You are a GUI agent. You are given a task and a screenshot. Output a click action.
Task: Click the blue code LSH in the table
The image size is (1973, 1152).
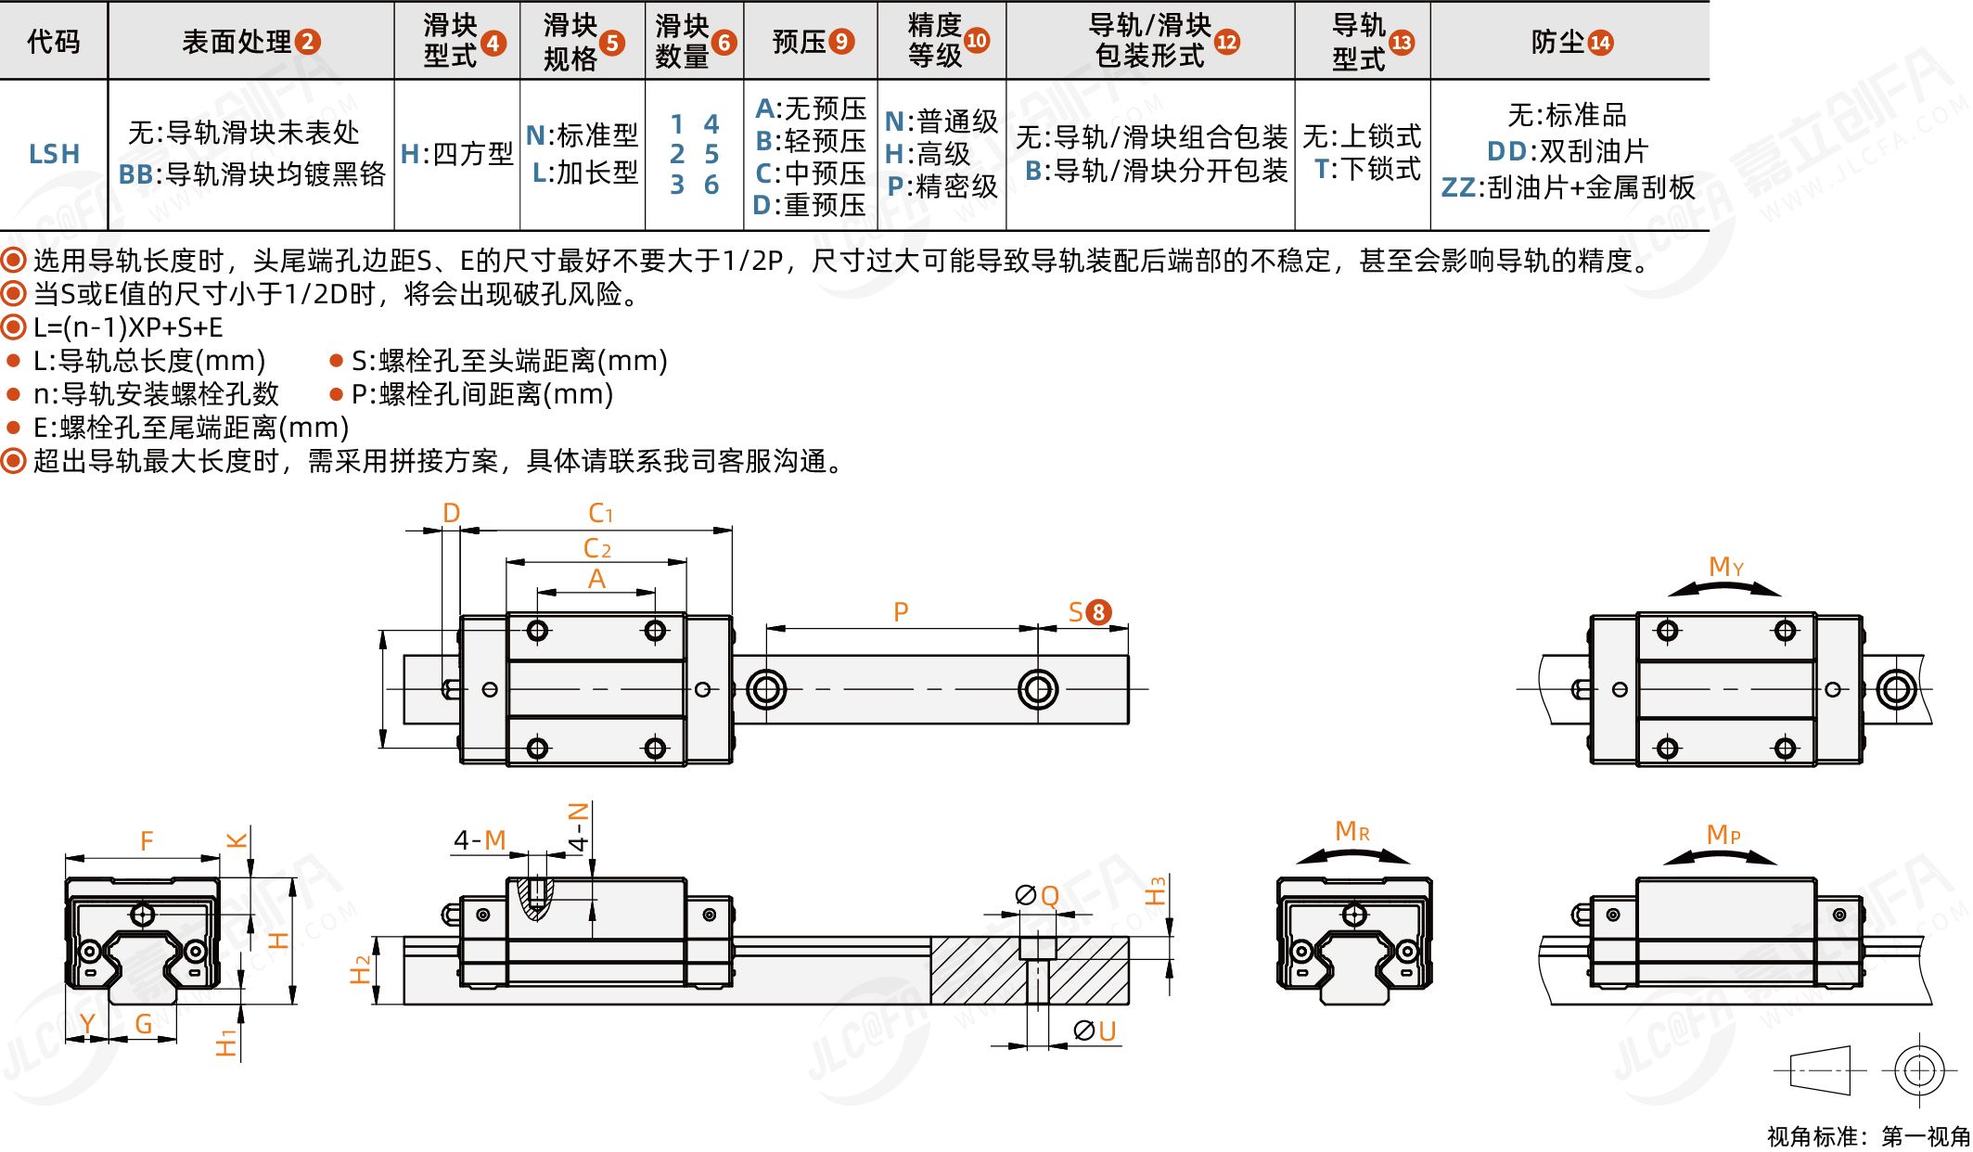(x=54, y=154)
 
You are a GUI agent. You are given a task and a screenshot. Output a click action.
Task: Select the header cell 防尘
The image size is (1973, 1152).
(x=1570, y=42)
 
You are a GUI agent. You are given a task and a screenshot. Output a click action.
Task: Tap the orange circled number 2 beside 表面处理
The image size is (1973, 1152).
(x=307, y=42)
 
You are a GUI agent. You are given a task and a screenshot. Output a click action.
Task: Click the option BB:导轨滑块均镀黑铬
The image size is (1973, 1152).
(x=251, y=174)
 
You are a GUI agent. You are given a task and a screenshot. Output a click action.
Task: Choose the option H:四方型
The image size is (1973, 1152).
(x=456, y=154)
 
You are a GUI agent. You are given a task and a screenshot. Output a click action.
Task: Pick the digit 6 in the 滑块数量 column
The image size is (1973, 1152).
(x=711, y=185)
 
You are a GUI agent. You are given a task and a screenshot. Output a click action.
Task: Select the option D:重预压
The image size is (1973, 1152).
(x=809, y=205)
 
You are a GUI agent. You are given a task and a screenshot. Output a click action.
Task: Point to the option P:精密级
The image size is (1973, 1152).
(x=942, y=186)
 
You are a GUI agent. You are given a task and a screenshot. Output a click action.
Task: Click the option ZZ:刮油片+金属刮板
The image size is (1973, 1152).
(x=1568, y=187)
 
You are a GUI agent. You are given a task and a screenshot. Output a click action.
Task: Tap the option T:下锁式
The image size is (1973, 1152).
(x=1367, y=169)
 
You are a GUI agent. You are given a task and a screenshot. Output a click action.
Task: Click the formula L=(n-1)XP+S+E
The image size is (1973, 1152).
(x=128, y=327)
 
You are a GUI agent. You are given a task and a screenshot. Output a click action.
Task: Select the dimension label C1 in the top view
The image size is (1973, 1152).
(x=600, y=513)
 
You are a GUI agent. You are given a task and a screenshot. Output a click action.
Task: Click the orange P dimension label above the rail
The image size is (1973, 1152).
(x=901, y=612)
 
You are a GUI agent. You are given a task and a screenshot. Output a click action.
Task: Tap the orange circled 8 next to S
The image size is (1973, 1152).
(x=1098, y=612)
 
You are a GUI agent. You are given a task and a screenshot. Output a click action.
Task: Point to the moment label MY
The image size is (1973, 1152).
(x=1725, y=567)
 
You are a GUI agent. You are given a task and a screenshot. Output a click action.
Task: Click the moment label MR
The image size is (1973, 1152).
(x=1352, y=831)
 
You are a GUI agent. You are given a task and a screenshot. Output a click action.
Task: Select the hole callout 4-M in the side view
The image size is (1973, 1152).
(x=480, y=840)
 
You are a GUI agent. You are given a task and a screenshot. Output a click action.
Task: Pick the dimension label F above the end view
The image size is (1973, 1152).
(x=147, y=841)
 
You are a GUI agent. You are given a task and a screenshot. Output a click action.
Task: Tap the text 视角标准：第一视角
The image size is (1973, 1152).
(x=1868, y=1136)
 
